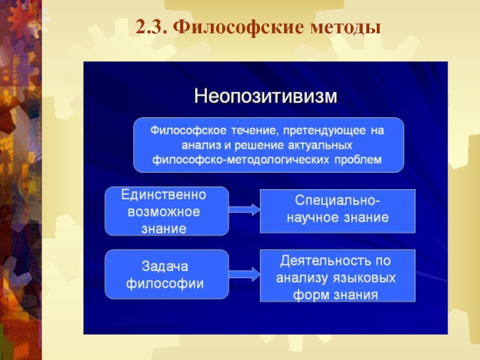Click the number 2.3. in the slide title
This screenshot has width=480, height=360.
click(x=153, y=28)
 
